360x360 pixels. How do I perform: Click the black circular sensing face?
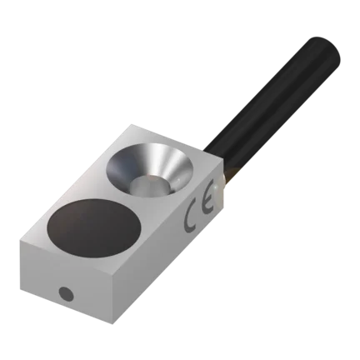point(95,227)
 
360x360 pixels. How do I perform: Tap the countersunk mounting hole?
point(150,168)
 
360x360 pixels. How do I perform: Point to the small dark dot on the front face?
point(67,294)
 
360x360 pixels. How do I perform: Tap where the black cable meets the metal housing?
point(215,153)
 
